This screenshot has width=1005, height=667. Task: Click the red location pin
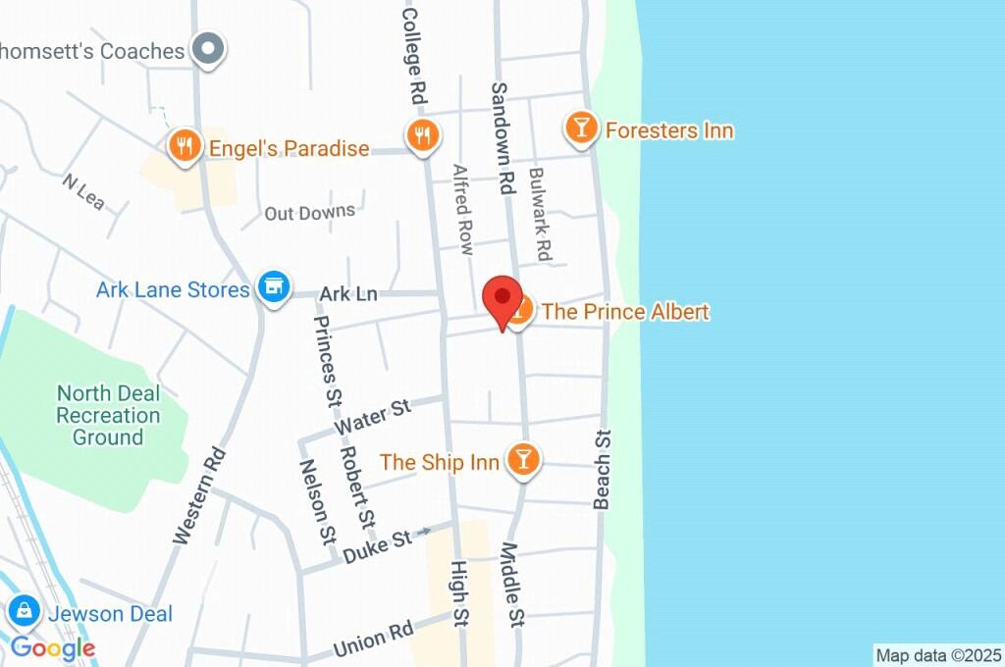[503, 298]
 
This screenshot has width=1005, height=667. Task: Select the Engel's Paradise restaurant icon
[184, 147]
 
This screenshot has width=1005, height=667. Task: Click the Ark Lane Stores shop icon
[274, 288]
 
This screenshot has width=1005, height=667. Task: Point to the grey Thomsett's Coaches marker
[208, 49]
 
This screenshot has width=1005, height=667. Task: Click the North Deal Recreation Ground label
[108, 415]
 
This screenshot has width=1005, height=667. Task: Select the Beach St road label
[603, 470]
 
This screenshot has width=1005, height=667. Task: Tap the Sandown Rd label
[503, 137]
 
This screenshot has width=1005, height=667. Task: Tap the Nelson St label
[317, 502]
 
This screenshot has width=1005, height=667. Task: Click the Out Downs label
[310, 212]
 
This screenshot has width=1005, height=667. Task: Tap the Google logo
[53, 647]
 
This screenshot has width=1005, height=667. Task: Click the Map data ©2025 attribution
[938, 655]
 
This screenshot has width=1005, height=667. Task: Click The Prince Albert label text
[625, 312]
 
